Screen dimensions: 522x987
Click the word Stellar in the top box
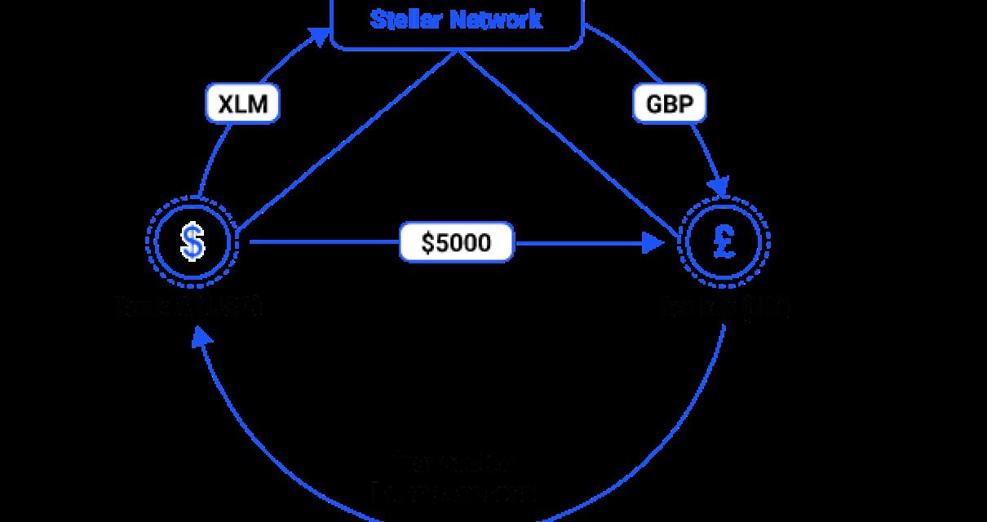(x=405, y=20)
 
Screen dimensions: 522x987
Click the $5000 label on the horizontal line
(x=457, y=242)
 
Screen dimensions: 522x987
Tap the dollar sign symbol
(x=193, y=242)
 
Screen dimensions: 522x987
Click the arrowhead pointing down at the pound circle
(x=718, y=187)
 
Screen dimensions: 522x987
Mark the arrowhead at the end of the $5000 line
(x=653, y=242)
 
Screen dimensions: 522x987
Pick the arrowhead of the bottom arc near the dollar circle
(x=200, y=336)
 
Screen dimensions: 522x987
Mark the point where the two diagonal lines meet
(x=458, y=51)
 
